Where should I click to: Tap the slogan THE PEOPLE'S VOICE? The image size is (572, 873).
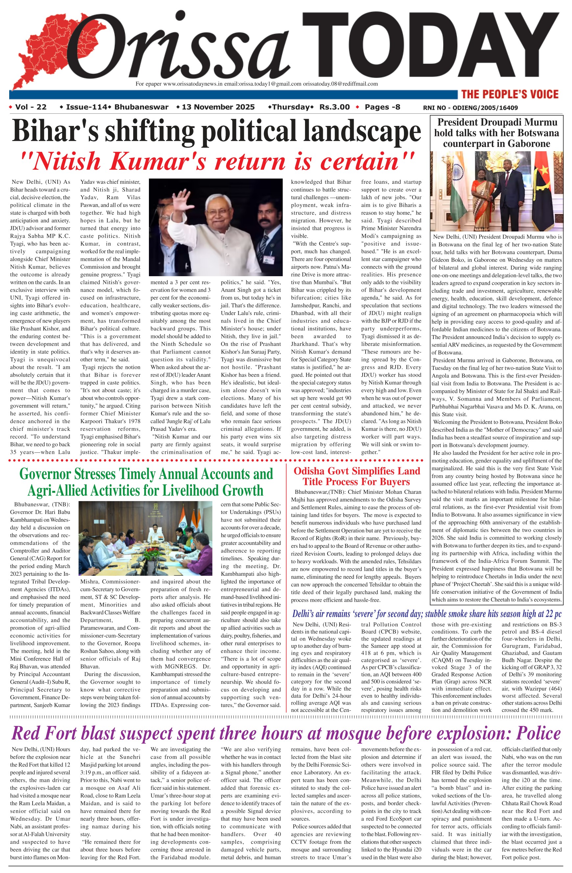(510, 94)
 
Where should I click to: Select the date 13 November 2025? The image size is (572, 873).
(218, 107)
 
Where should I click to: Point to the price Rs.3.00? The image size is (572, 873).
(334, 107)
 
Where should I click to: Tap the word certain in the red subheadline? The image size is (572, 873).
(361, 161)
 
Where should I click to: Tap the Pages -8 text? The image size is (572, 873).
(382, 107)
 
